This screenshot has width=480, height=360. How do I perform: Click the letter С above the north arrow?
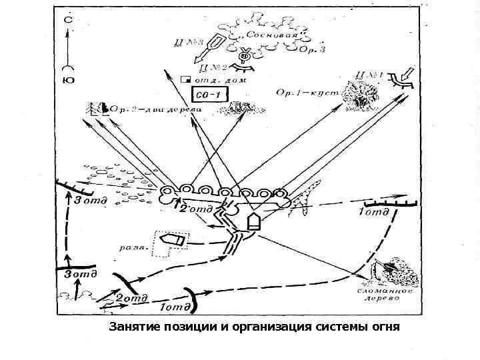click(67, 20)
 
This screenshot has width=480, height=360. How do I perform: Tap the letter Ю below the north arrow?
click(67, 81)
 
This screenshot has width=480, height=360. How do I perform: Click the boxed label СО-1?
click(207, 94)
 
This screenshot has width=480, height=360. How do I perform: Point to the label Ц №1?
click(371, 75)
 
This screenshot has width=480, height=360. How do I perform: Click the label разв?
click(131, 247)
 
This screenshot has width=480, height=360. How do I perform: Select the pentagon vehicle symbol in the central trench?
click(253, 221)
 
